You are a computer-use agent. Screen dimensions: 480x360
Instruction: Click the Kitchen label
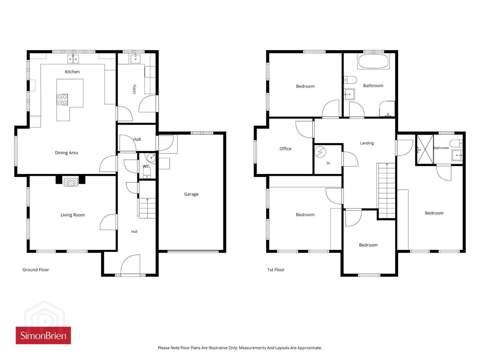click(72, 72)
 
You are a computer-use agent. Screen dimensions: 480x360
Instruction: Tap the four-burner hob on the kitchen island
click(62, 99)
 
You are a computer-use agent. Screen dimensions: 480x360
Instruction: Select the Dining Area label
click(66, 153)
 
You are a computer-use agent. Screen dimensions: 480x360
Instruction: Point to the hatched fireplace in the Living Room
click(71, 182)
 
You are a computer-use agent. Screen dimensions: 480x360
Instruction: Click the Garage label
click(191, 194)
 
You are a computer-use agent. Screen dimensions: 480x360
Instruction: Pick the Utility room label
click(134, 89)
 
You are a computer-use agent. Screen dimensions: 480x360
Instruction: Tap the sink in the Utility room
click(136, 59)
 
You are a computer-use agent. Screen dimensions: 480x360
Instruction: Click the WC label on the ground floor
click(146, 166)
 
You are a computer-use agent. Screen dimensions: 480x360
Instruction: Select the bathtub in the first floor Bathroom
click(373, 61)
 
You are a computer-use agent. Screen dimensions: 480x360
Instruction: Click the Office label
click(285, 149)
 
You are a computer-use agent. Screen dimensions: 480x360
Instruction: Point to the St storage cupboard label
click(328, 163)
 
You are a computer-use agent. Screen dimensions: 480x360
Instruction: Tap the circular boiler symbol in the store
click(320, 152)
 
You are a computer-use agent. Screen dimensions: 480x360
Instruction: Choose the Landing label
click(367, 143)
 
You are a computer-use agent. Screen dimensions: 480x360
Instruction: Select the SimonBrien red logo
click(43, 335)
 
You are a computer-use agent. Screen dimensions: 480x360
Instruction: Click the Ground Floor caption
click(36, 270)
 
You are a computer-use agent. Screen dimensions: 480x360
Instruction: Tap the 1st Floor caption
click(276, 270)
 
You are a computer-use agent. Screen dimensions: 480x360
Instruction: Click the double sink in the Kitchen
click(73, 59)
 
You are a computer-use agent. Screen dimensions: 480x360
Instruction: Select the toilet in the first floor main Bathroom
click(350, 80)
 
